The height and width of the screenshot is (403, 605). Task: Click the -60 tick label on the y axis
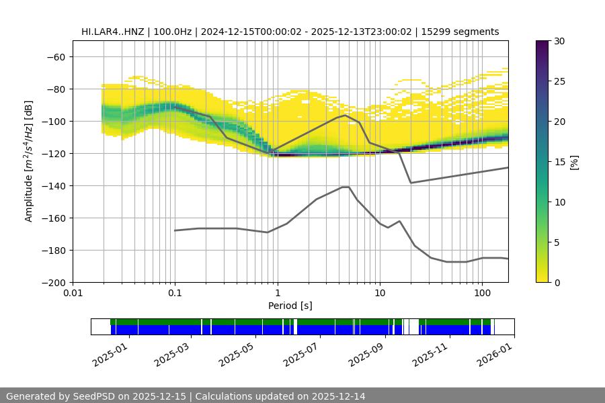coord(56,56)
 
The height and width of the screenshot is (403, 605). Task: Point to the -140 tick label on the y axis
coord(53,185)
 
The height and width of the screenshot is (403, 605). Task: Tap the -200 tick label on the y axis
coord(53,282)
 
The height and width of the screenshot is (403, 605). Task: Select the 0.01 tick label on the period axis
coord(73,294)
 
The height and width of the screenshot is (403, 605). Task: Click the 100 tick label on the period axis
coord(481,294)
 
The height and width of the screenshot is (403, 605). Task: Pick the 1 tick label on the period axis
coord(277,294)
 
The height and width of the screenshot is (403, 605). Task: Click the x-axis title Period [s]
coord(290,306)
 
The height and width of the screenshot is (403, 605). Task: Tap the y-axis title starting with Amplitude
coord(29,161)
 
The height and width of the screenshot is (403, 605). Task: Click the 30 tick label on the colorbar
coord(559,41)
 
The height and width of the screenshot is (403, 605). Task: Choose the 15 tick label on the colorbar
coord(559,162)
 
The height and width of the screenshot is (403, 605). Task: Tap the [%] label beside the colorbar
coord(574,161)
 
